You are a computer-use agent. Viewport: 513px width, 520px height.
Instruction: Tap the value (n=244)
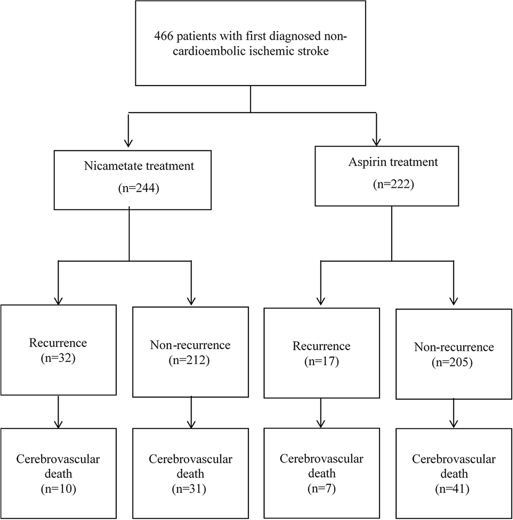(139, 188)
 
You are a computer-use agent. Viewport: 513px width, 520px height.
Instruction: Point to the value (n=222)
(393, 184)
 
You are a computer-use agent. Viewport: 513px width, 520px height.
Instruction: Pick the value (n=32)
(58, 358)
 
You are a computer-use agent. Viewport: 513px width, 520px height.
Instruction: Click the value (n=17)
(321, 362)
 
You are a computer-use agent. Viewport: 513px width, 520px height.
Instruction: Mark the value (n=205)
(452, 362)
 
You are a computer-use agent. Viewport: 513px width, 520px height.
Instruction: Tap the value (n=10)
(58, 489)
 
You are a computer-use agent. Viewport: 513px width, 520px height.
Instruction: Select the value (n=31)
(189, 489)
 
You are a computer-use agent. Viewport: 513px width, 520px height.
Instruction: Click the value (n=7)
(321, 488)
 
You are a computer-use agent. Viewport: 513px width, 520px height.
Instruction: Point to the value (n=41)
(452, 489)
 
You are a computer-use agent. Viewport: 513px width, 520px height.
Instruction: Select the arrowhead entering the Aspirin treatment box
(376, 142)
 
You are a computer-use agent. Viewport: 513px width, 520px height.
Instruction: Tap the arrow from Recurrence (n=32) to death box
(58, 413)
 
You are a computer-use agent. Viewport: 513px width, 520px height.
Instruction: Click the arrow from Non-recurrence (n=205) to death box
(454, 414)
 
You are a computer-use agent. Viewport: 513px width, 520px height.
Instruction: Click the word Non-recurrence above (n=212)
(190, 345)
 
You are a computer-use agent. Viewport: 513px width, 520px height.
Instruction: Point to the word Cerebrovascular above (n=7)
(321, 459)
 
